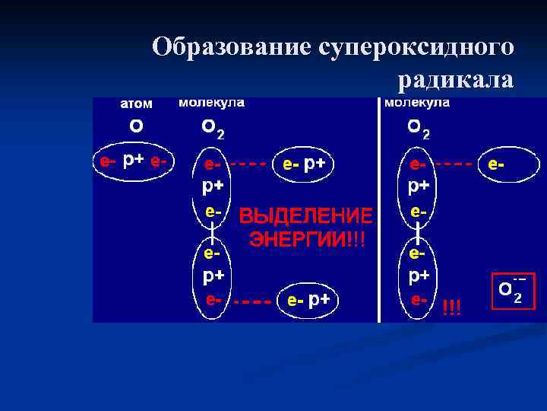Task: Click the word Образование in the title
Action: coord(231,46)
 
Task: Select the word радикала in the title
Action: coord(454,78)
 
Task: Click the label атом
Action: coord(136,104)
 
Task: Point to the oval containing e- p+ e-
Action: coord(134,161)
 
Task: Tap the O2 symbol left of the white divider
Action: coord(212,130)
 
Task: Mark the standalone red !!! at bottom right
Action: coord(451,306)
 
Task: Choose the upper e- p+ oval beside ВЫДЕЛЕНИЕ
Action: coord(308,163)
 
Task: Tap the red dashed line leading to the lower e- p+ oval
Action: coord(252,301)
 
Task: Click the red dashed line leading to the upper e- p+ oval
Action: coord(248,163)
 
